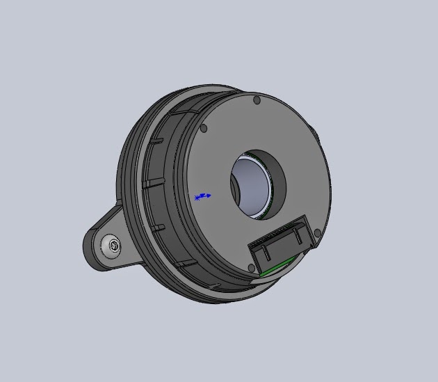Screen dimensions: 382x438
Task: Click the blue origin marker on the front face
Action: click(x=202, y=197)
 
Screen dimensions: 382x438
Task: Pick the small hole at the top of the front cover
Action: click(x=257, y=101)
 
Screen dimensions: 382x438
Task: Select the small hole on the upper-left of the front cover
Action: click(x=203, y=128)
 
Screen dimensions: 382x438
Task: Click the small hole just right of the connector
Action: click(x=318, y=234)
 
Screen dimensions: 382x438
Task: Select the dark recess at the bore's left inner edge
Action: click(x=235, y=188)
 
